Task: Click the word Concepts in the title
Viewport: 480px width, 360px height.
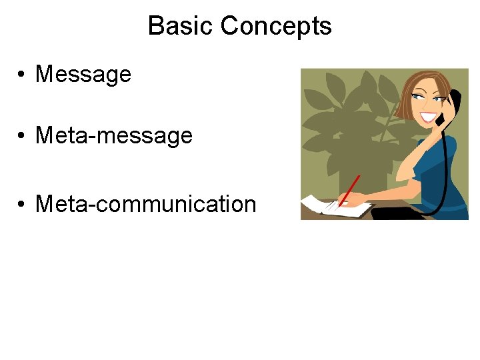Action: click(x=275, y=26)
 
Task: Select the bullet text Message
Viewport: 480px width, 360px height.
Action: click(x=83, y=74)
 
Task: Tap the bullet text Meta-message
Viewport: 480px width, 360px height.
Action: click(x=113, y=136)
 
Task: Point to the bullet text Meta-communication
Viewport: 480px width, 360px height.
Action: click(x=145, y=203)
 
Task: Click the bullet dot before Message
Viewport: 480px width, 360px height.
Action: click(x=23, y=75)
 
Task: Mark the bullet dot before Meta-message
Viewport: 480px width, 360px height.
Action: click(x=23, y=137)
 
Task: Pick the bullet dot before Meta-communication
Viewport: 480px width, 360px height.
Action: click(x=23, y=204)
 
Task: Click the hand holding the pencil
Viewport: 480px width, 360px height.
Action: click(x=353, y=199)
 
